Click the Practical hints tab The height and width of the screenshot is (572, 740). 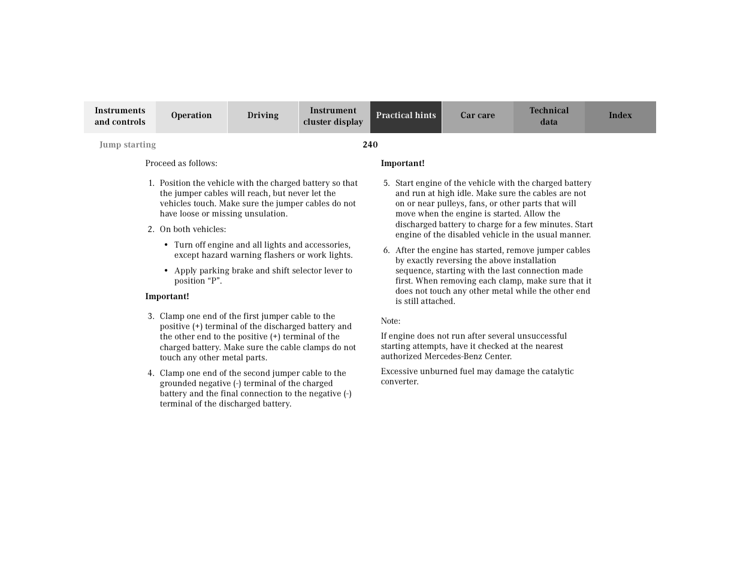click(406, 116)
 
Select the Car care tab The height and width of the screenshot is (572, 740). click(478, 116)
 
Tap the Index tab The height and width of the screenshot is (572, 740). click(620, 116)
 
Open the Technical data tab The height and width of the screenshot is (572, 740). click(549, 116)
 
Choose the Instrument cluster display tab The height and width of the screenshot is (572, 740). click(333, 116)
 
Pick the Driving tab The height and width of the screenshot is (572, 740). click(263, 116)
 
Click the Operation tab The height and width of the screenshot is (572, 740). click(191, 116)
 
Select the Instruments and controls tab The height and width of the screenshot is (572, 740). click(120, 116)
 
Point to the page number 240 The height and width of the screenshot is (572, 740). click(370, 144)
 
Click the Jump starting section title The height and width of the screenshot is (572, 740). click(128, 144)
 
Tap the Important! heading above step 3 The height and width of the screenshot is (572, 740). click(167, 296)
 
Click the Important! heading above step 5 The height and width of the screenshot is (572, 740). click(403, 163)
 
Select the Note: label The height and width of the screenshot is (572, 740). click(391, 321)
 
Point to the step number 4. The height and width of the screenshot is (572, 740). click(151, 373)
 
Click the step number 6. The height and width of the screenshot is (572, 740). click(386, 250)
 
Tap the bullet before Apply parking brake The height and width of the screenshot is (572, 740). click(166, 270)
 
